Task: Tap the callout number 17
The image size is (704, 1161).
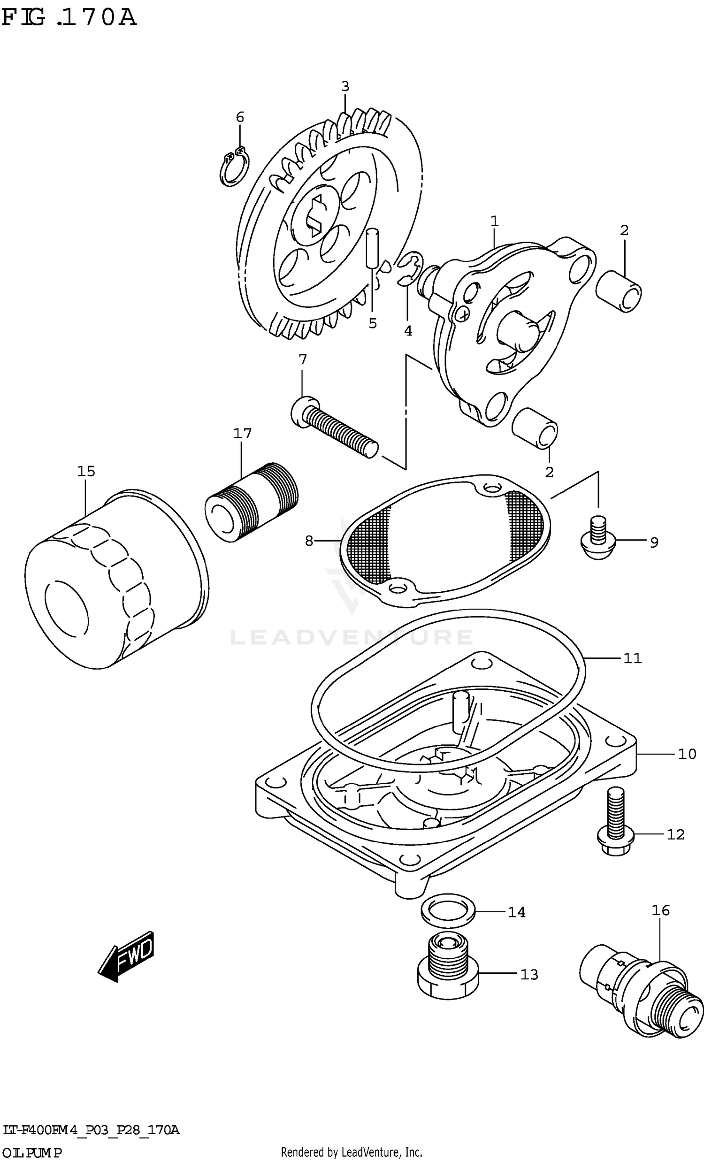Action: [242, 433]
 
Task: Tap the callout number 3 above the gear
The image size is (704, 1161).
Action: [345, 86]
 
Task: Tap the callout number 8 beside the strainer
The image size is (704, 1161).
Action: [309, 541]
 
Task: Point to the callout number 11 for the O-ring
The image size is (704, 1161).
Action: [632, 658]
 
